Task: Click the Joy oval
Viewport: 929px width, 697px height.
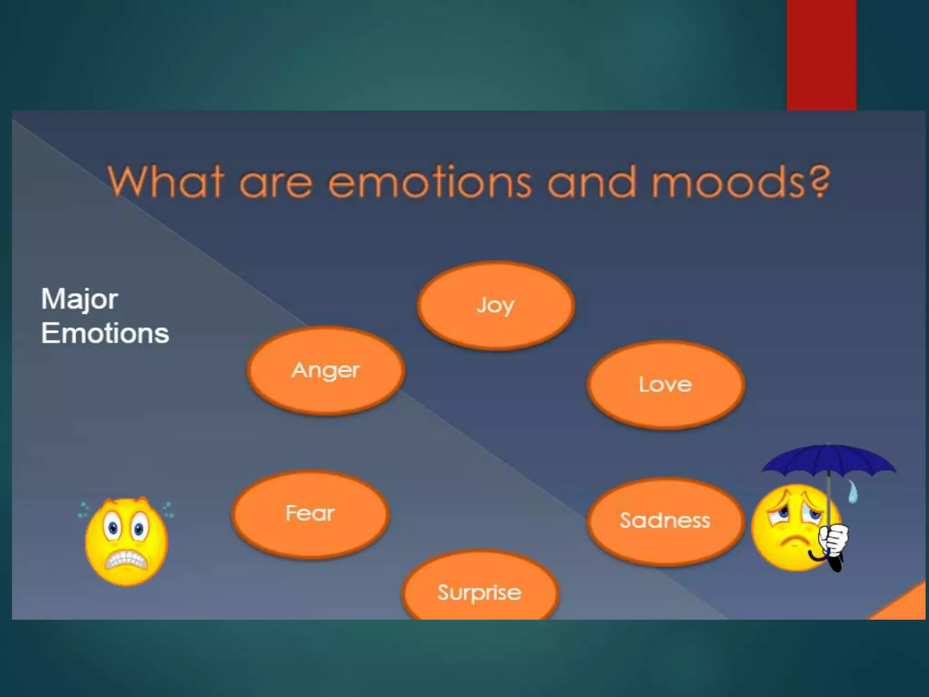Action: click(x=496, y=305)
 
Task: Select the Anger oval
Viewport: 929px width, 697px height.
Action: click(x=326, y=370)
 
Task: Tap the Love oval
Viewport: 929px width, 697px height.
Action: click(x=665, y=384)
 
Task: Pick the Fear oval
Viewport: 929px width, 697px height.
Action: click(x=311, y=514)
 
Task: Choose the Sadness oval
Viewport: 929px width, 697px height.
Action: click(x=665, y=520)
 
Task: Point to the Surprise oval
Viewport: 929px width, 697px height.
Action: click(x=480, y=590)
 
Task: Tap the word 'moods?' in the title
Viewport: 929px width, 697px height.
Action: click(x=740, y=182)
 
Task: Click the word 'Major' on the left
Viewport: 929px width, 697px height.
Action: click(x=80, y=300)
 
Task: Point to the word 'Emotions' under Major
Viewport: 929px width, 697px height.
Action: click(x=105, y=334)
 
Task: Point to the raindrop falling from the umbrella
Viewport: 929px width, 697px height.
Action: click(x=853, y=492)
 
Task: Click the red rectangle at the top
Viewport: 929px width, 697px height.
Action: click(x=821, y=54)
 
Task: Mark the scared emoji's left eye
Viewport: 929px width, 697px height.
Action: click(x=112, y=527)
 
